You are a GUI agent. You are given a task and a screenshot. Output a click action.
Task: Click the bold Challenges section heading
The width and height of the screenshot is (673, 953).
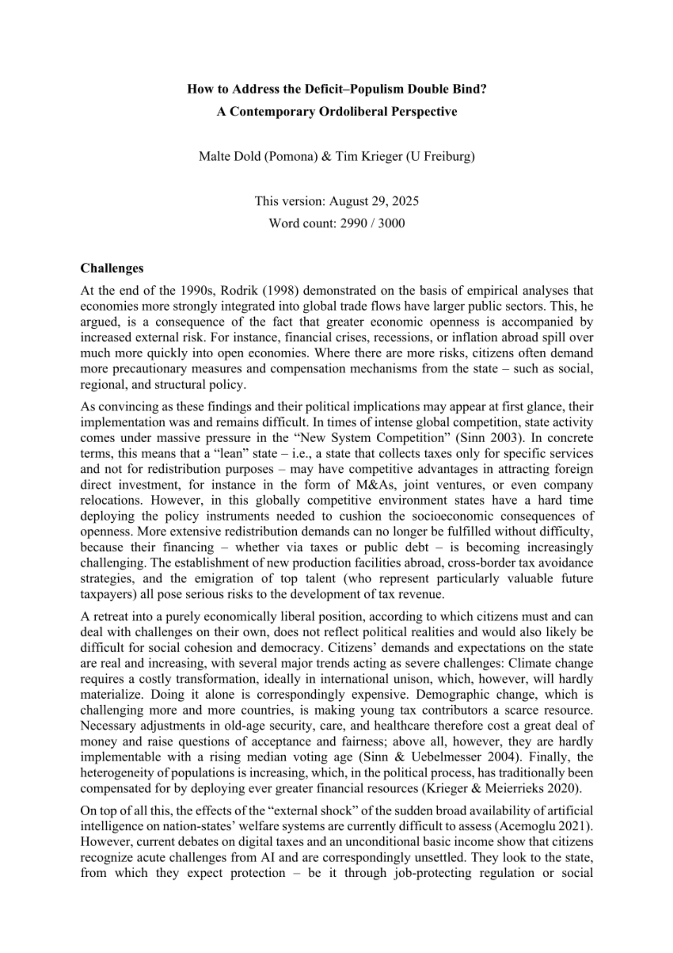pyautogui.click(x=112, y=268)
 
